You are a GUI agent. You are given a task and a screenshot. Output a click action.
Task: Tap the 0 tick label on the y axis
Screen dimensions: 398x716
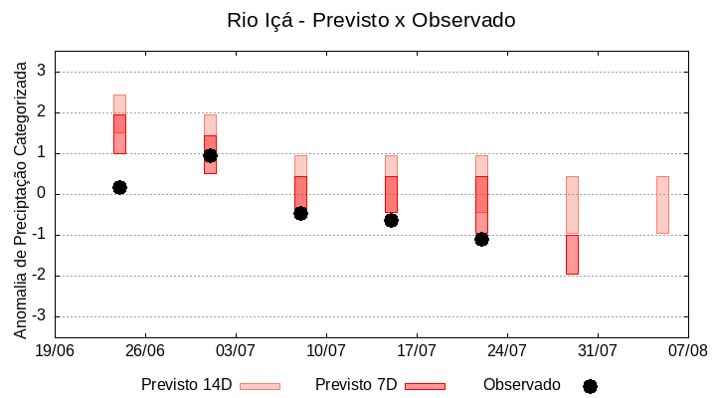point(42,194)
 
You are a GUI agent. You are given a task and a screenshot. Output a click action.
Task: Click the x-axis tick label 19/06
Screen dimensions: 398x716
point(55,350)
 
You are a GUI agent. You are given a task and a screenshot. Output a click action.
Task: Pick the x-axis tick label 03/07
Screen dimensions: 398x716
point(236,350)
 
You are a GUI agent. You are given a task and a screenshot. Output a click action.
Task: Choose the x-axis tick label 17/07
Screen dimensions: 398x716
point(417,350)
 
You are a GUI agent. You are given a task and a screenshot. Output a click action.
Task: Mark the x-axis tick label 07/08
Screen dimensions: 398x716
point(688,350)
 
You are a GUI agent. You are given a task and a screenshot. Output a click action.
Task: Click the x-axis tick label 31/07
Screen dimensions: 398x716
point(598,350)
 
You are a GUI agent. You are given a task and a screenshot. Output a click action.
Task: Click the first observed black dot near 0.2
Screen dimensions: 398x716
point(119,187)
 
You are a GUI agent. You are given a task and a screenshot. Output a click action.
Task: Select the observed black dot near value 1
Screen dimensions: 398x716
point(210,155)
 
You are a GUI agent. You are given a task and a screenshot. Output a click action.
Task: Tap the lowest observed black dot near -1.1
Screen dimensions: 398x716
point(481,239)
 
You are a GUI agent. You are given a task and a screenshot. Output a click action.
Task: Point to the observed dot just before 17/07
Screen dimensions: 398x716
point(391,220)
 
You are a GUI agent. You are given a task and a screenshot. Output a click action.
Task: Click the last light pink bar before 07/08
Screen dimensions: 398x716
point(662,204)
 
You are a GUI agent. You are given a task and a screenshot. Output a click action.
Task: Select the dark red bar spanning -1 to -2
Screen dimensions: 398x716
point(572,254)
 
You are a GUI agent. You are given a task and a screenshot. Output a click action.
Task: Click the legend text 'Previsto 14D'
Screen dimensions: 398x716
point(186,385)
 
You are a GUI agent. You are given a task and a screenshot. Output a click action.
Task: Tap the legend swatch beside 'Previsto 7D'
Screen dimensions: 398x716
point(425,386)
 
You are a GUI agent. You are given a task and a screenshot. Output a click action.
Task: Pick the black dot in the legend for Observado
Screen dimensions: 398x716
point(590,386)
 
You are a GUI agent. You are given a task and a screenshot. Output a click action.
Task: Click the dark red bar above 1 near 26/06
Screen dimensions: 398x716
point(119,133)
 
